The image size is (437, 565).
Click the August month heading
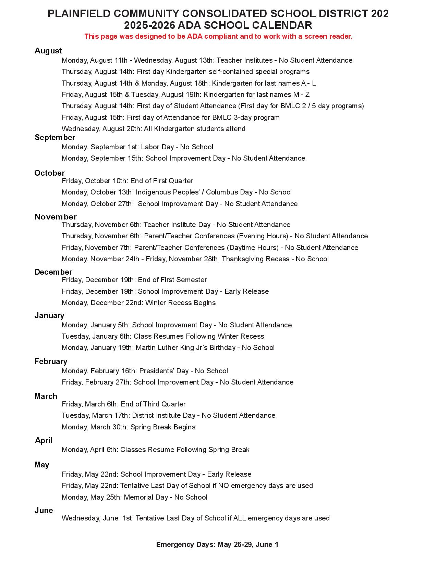point(48,51)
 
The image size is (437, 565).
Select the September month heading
point(54,138)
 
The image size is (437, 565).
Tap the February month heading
point(51,362)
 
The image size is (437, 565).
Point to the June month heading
point(44,511)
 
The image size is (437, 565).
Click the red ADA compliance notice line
point(218,37)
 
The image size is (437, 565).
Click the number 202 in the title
point(379,14)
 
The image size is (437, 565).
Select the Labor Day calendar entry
point(137,147)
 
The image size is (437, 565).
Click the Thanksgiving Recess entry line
point(195,259)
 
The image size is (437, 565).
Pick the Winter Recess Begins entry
point(138,303)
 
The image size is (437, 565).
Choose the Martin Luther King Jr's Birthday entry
point(168,348)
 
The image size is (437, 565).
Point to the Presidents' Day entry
point(145,371)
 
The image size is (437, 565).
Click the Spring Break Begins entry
point(129,427)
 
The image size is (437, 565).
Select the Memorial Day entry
point(134,498)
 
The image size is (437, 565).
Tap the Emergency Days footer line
point(217,545)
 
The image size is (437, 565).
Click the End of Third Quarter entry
point(124,404)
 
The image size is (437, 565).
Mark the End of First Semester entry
point(134,280)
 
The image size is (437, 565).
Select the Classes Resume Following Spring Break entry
point(155,450)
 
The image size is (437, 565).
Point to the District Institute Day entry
point(168,416)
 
